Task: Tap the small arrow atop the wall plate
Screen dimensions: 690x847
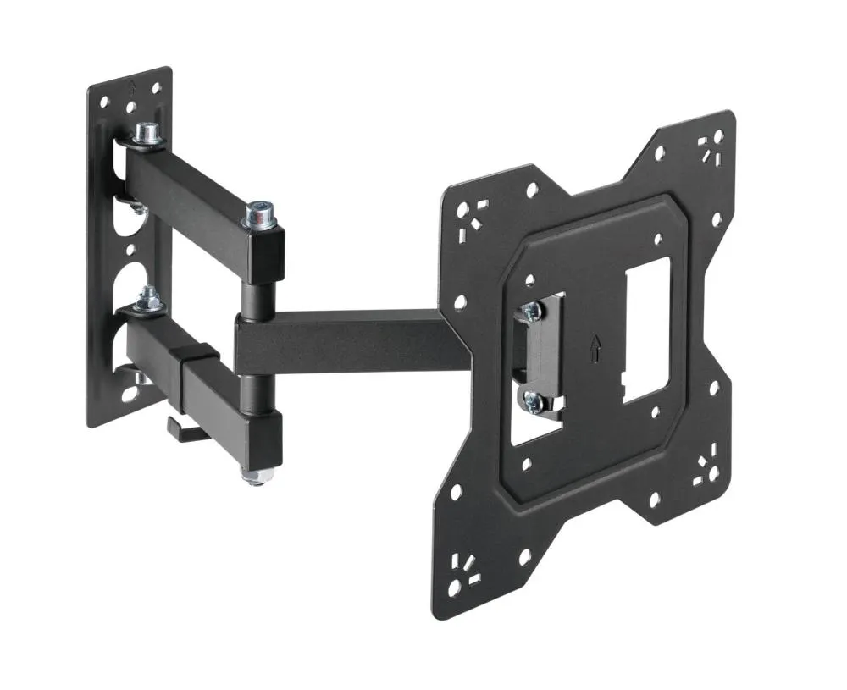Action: (130, 85)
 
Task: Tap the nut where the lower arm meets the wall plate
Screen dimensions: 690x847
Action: (150, 297)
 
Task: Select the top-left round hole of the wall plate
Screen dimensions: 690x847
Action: (104, 102)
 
